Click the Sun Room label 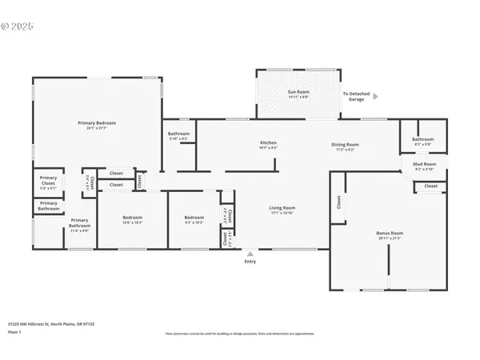tap(298, 93)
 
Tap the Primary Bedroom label tap(97, 122)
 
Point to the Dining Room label tap(346, 144)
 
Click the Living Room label tap(282, 208)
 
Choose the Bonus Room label tap(388, 234)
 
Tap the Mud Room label tap(423, 165)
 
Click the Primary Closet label tap(48, 181)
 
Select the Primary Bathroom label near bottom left tap(78, 223)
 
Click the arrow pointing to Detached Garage tap(376, 96)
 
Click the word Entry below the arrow tap(250, 262)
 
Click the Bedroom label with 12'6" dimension tap(132, 218)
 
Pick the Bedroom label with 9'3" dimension tap(194, 218)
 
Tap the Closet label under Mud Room tap(430, 186)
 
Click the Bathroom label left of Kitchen tap(178, 134)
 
